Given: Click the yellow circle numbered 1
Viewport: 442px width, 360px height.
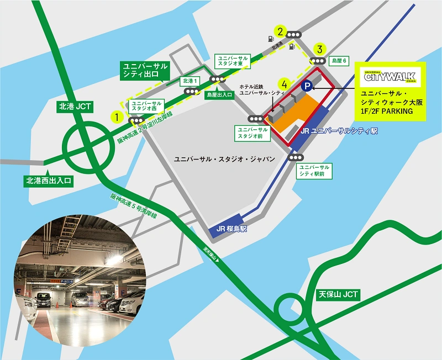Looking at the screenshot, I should pos(117,117).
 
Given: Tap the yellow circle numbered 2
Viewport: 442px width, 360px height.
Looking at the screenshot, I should pos(282,31).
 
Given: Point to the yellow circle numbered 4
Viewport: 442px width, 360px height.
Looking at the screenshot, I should pos(284,84).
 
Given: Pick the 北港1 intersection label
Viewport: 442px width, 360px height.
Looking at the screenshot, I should pos(189,81).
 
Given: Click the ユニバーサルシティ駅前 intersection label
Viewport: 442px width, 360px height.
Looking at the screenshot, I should pos(314,171).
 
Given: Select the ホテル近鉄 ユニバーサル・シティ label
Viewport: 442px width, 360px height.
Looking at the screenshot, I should pos(260,90).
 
